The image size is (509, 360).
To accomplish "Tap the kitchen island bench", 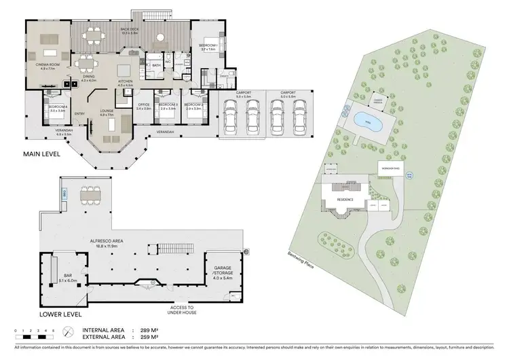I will coord(125,71).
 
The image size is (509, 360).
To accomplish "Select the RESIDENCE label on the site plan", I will coord(345,200).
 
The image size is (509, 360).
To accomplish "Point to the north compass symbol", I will coord(69,332).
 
